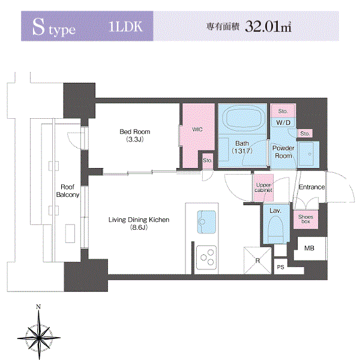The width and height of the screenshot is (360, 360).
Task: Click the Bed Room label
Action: tap(135, 132)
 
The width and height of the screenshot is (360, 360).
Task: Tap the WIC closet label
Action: tap(197, 130)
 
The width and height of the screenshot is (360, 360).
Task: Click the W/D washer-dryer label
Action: tap(283, 122)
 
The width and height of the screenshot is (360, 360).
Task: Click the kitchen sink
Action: tap(206, 222)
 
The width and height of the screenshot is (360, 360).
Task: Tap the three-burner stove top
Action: tap(206, 257)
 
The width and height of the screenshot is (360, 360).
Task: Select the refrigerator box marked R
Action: tap(257, 260)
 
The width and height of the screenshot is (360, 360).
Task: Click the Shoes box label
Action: tap(305, 219)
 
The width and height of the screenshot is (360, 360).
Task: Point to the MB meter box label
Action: tap(309, 248)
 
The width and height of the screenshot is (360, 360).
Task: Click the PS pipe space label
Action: tap(281, 267)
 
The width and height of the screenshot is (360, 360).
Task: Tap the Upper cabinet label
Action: tap(263, 188)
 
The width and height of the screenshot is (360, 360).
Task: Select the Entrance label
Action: tap(312, 187)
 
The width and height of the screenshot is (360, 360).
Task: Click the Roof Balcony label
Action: tap(68, 191)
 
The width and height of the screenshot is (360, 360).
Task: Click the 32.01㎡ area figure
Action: tap(268, 26)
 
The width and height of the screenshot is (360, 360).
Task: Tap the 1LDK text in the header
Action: tap(126, 26)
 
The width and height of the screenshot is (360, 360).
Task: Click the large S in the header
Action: tap(38, 27)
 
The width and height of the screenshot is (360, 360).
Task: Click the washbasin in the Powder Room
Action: tap(306, 154)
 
